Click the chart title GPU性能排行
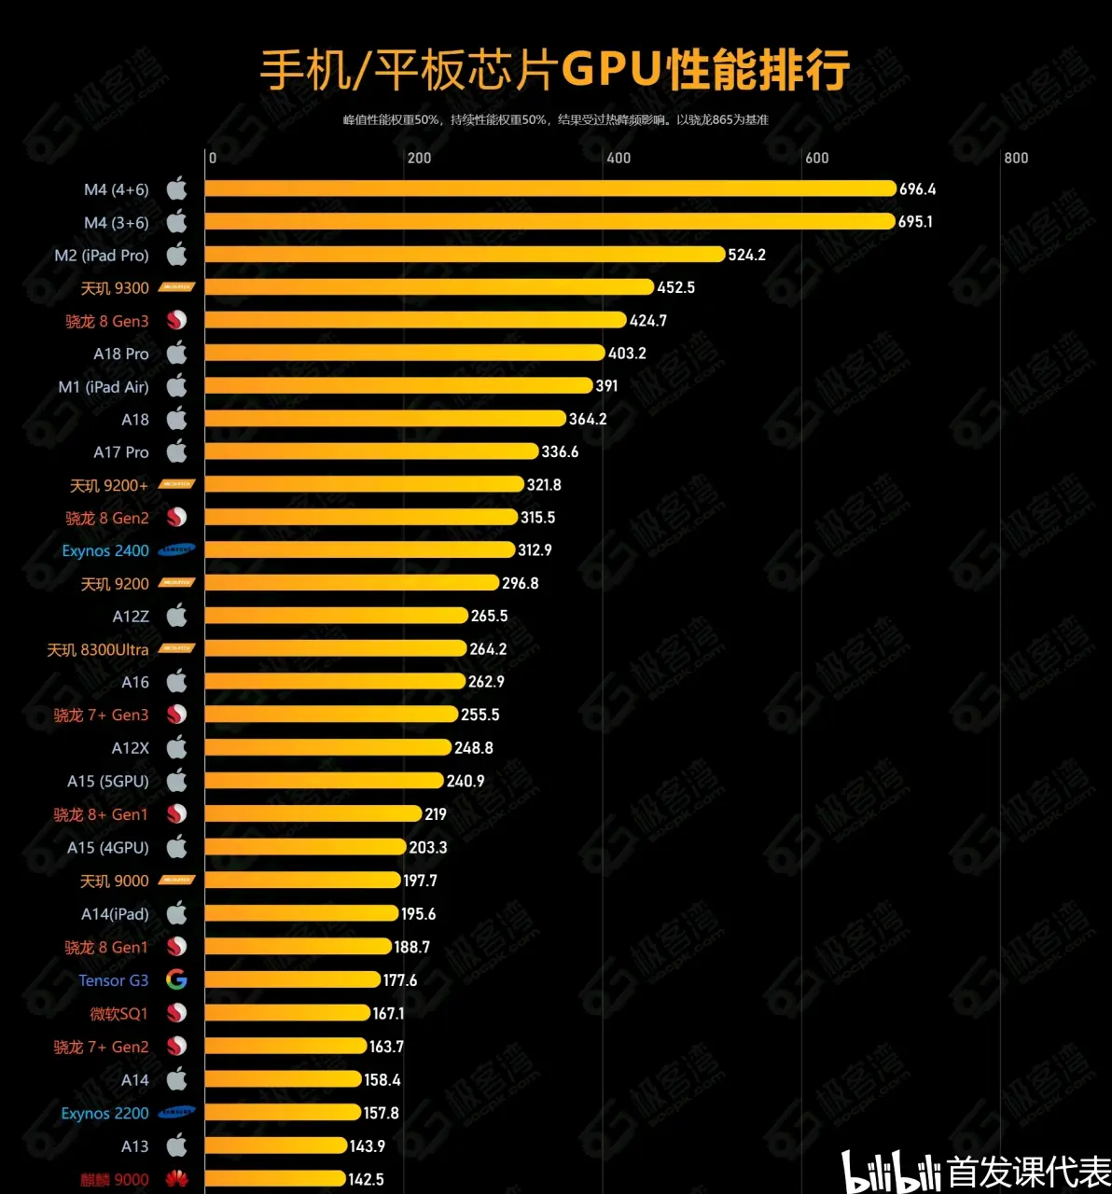tap(554, 70)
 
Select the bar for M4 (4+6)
tap(550, 189)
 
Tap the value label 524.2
tap(746, 255)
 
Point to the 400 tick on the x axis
tap(619, 158)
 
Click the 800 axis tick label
tap(1016, 158)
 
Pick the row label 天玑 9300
tap(115, 288)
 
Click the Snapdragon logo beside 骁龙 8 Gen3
tap(176, 321)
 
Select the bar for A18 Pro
tap(405, 354)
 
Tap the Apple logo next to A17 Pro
tap(176, 451)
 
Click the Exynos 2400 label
tap(105, 551)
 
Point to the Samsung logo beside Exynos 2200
tap(176, 1113)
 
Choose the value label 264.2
tap(488, 649)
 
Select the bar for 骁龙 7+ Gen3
tap(331, 715)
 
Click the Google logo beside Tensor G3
tap(176, 980)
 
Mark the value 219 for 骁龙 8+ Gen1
tap(435, 814)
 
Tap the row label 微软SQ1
tap(118, 1014)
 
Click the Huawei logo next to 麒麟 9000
tap(176, 1179)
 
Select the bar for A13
tap(276, 1146)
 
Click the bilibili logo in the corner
tap(891, 1172)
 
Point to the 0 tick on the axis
tap(213, 158)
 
